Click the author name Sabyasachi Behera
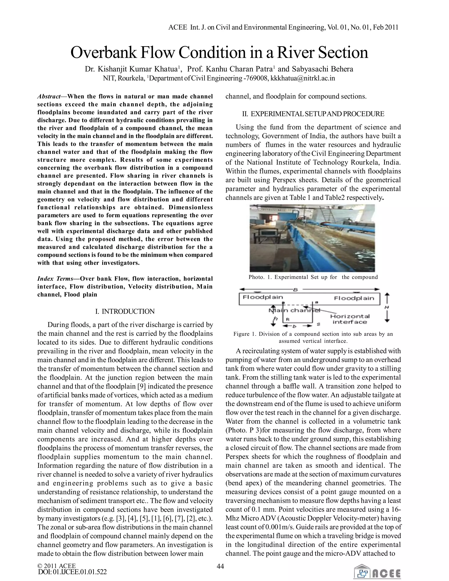pos(322,69)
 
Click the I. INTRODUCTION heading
pos(125,311)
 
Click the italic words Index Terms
pos(55,278)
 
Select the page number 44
pos(220,566)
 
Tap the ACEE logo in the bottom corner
pos(377,571)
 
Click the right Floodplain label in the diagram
pos(354,298)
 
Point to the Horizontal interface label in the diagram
pos(350,319)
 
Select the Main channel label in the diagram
pos(294,310)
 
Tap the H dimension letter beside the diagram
pos(387,307)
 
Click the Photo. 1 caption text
pos(313,277)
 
